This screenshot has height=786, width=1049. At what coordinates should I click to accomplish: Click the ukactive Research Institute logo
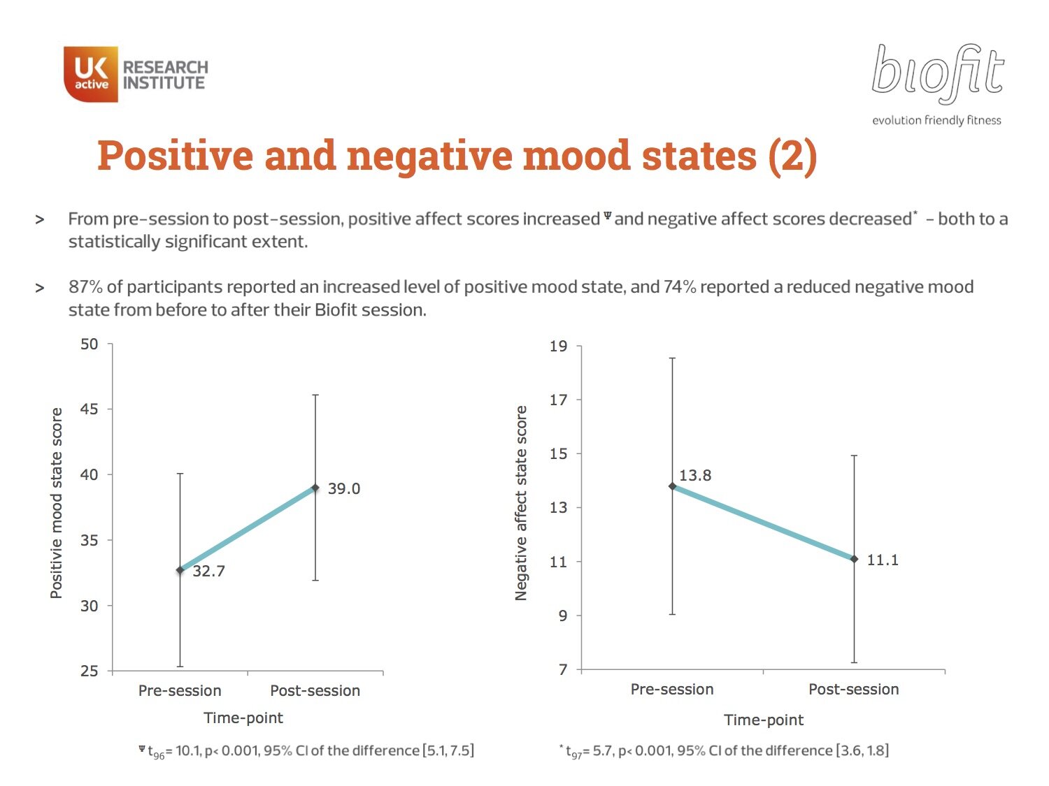[136, 74]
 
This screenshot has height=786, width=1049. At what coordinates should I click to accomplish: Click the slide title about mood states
[457, 155]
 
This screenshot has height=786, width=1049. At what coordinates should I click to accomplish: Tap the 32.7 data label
[208, 571]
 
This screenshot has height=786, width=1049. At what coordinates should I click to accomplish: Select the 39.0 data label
[344, 488]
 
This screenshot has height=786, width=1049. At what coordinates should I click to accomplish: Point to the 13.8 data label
[695, 475]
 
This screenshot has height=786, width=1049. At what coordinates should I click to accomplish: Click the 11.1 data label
[883, 560]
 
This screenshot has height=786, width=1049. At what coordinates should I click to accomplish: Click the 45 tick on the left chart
[89, 409]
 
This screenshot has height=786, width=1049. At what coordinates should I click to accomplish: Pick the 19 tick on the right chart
[558, 346]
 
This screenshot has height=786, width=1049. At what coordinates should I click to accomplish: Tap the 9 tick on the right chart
[562, 616]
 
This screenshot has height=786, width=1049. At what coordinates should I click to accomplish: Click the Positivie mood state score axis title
[56, 503]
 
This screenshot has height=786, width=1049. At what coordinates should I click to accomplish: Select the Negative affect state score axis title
[520, 503]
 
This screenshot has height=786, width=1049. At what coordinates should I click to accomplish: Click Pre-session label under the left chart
[180, 690]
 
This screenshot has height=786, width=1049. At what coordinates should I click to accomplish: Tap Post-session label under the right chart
[853, 689]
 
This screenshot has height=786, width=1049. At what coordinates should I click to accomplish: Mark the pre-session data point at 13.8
[672, 486]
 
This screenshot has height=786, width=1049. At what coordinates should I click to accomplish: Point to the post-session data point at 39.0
[315, 488]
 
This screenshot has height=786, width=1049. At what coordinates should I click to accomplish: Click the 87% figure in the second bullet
[85, 287]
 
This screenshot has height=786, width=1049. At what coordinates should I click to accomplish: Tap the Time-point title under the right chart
[764, 720]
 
